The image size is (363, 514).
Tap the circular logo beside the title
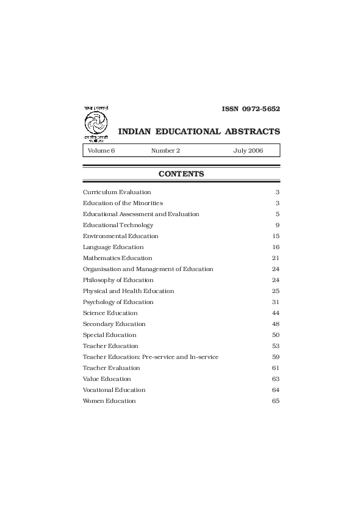[95, 124]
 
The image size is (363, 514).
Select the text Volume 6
[101, 150]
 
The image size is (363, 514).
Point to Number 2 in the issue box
[165, 150]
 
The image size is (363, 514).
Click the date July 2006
[248, 150]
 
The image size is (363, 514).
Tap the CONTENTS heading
[181, 174]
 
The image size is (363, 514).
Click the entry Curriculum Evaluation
[117, 192]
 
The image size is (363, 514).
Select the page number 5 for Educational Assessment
[277, 214]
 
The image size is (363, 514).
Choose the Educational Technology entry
[118, 225]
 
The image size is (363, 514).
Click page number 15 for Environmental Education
[276, 236]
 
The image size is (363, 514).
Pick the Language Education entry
[113, 247]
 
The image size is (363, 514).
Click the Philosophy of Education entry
[118, 280]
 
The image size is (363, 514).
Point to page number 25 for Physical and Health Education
[276, 291]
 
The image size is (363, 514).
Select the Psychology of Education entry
[118, 302]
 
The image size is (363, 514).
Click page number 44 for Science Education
[276, 313]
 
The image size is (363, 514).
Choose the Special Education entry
[110, 335]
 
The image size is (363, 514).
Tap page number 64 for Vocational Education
[276, 390]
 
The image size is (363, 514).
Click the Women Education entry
[109, 401]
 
